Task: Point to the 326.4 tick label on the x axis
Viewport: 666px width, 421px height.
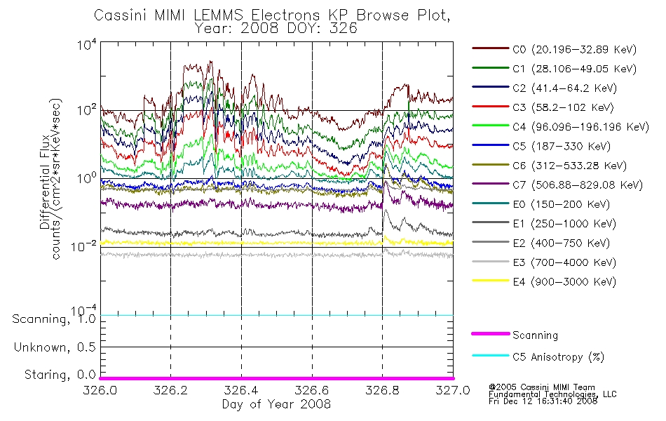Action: pos(241,390)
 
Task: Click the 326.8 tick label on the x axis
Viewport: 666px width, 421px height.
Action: pos(382,390)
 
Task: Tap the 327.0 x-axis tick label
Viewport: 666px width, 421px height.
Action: pos(453,390)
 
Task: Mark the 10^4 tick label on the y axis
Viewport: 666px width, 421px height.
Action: pos(87,44)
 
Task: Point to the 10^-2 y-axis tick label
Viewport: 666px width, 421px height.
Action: pos(85,246)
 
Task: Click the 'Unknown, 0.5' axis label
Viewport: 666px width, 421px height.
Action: pos(55,347)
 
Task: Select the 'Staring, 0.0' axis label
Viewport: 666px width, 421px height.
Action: pos(60,375)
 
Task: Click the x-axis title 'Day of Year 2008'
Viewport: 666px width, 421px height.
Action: pos(276,404)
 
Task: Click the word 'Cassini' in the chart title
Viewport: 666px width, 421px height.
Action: pos(120,15)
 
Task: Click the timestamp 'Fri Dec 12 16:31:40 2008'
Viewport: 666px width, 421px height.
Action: pos(543,401)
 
